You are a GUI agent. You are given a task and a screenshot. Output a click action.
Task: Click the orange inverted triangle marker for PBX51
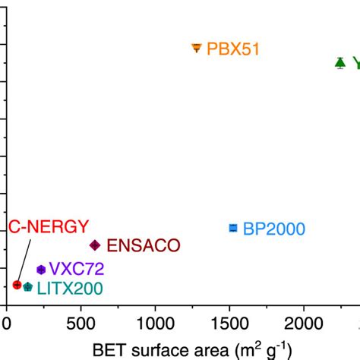[197, 48]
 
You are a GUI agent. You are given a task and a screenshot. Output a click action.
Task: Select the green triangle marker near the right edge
[340, 62]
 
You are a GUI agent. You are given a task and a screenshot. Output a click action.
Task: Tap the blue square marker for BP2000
[233, 228]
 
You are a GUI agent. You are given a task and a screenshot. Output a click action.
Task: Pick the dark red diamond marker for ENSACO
[95, 245]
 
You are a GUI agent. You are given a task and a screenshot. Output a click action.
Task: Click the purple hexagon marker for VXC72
[41, 269]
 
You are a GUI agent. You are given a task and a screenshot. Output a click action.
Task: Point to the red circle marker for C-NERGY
[17, 285]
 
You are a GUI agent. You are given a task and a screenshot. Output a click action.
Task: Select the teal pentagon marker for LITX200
[28, 287]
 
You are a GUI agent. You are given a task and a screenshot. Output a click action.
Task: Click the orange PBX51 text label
[234, 49]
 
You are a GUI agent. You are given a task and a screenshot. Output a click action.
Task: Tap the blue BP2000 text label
[273, 229]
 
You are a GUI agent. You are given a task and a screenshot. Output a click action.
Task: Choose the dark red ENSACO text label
[143, 245]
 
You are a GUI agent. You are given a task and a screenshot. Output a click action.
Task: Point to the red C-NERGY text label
[49, 226]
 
